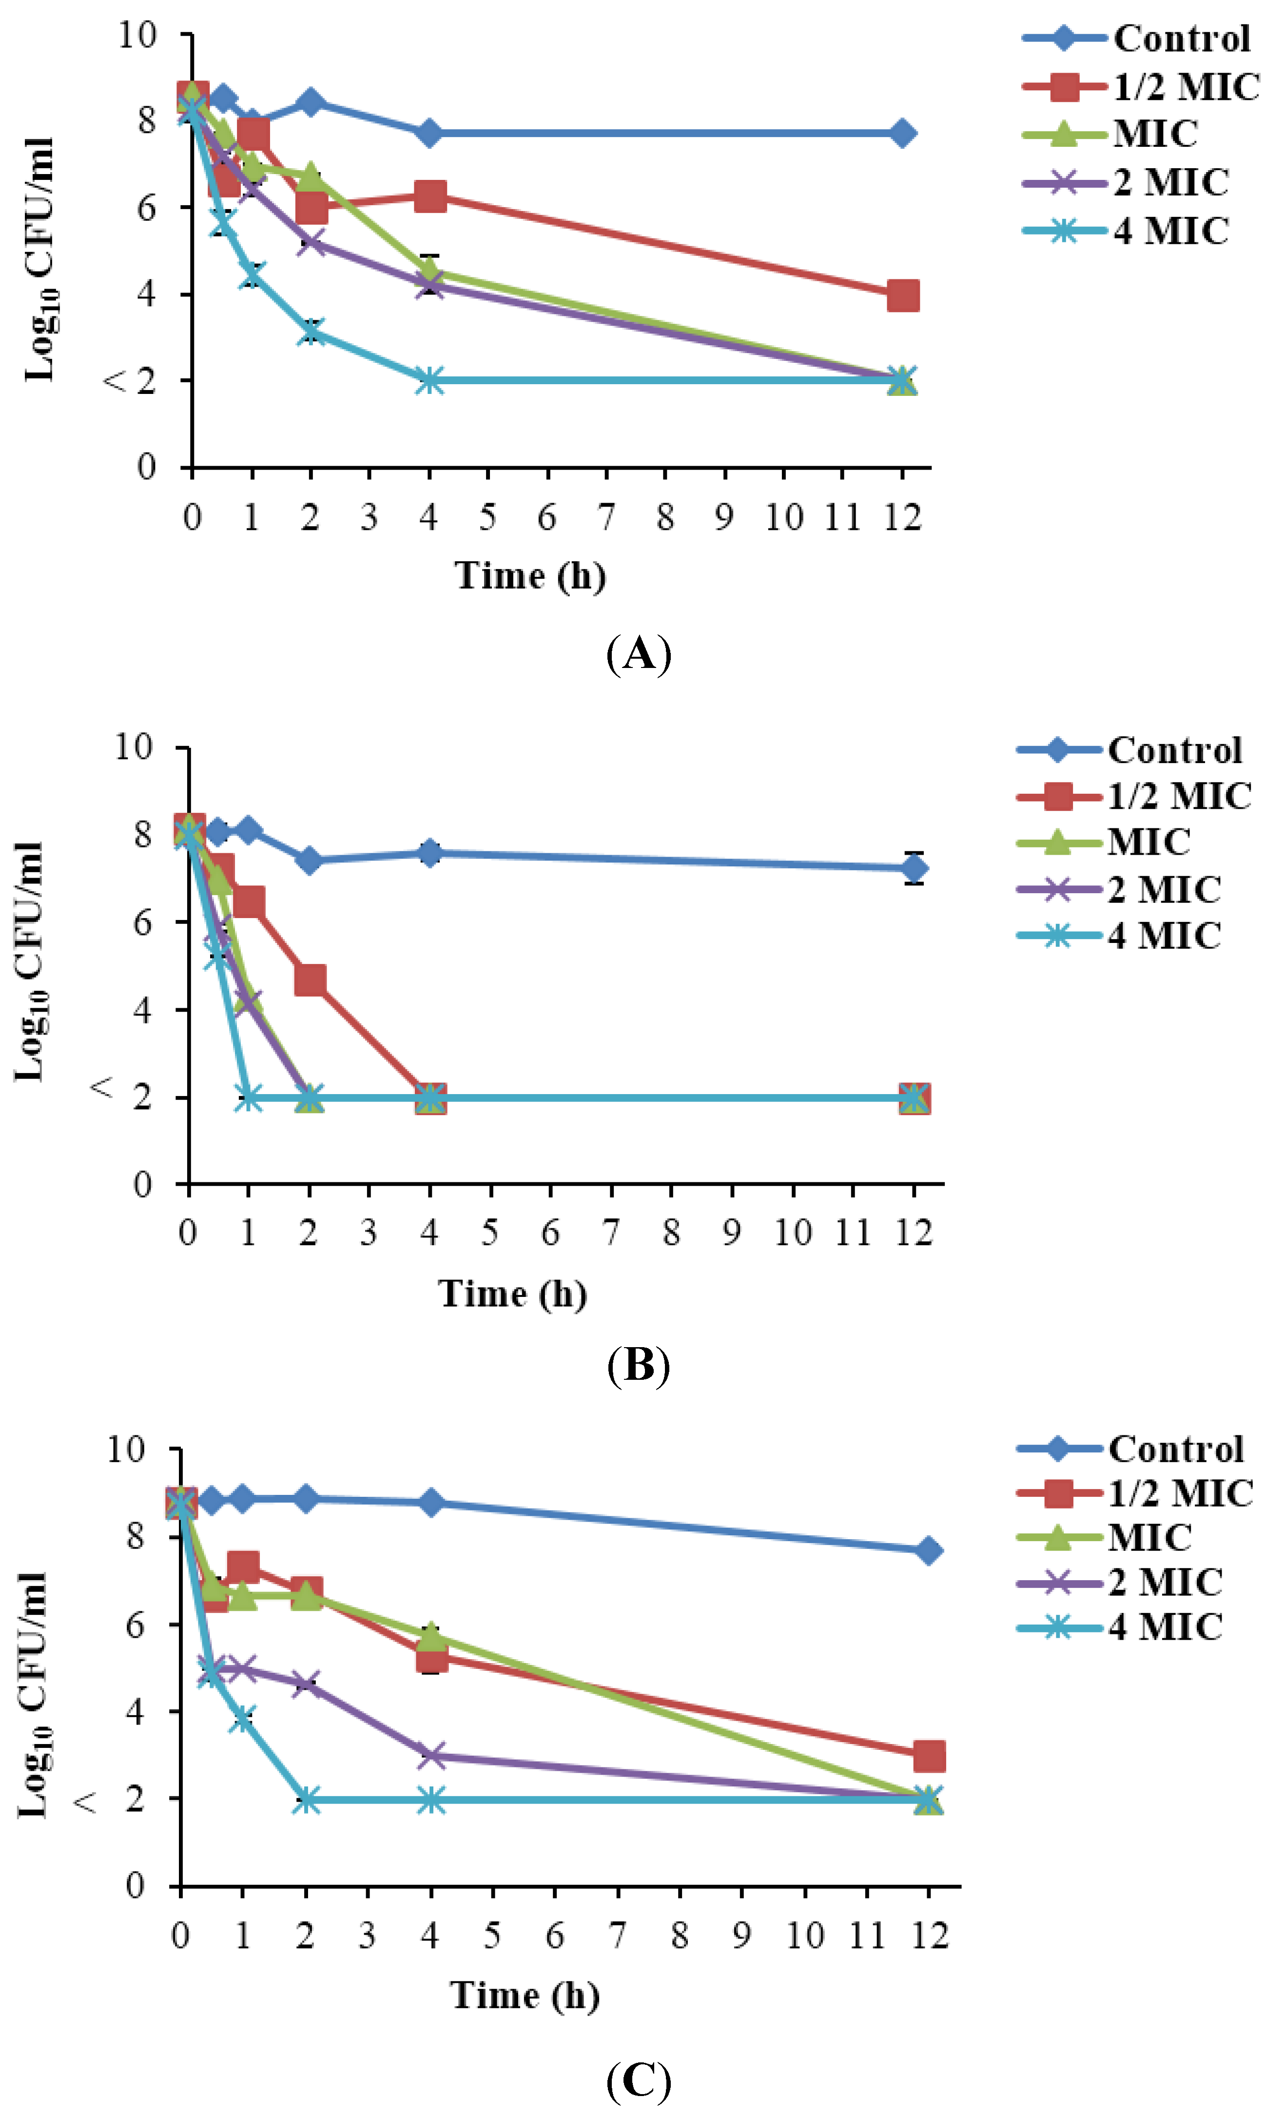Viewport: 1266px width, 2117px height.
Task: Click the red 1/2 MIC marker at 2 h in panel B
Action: coord(310,980)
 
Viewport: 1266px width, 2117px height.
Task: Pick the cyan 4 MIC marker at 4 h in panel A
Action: coord(430,381)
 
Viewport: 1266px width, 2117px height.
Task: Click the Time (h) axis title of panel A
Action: coord(530,576)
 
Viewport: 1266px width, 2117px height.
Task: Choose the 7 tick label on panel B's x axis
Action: coord(611,1233)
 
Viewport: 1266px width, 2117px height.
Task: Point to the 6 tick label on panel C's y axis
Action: coord(135,1624)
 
